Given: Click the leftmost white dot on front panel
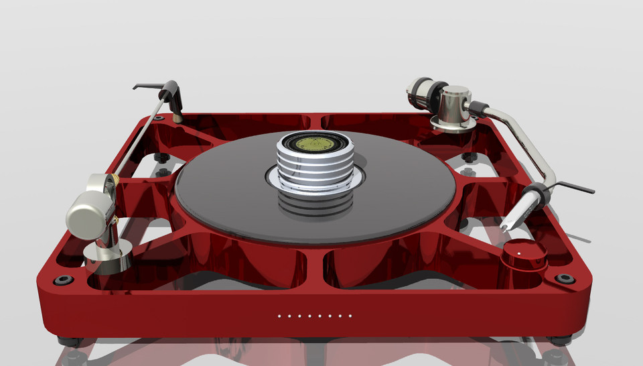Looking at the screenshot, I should click(279, 315).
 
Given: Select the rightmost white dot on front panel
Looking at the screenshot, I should click(350, 315).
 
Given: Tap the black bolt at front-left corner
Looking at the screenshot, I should click(64, 280).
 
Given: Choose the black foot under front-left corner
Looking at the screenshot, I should click(68, 340).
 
